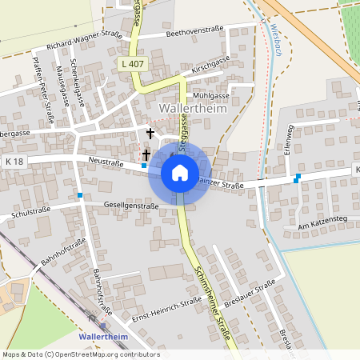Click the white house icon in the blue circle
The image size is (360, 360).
point(180,172)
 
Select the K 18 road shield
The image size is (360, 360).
point(14,162)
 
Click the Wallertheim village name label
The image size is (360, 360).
point(194,108)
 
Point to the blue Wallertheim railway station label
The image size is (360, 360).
point(103,337)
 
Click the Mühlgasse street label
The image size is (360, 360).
point(211,95)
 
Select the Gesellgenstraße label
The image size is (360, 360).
point(131,206)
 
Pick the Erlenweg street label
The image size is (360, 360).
point(290,139)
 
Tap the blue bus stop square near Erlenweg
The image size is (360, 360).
point(298,177)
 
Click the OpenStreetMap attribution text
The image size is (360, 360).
point(80,354)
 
